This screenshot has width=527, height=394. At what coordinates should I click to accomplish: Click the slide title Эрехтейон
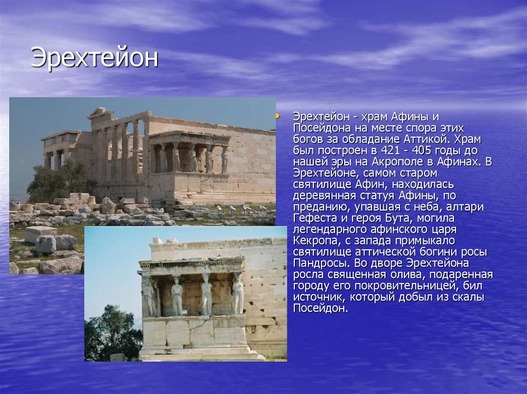(94, 58)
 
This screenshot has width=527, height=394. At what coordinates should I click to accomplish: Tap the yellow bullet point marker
(277, 117)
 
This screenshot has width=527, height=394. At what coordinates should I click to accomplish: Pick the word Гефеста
(315, 218)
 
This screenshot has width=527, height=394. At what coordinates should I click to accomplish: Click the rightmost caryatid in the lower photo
(238, 293)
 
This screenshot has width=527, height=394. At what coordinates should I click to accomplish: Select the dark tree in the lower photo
(112, 332)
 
